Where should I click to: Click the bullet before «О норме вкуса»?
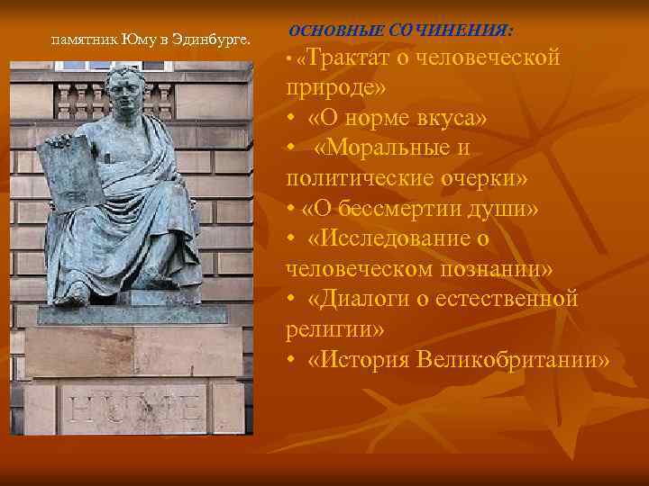[x=291, y=120]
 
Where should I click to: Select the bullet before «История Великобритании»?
[x=291, y=361]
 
